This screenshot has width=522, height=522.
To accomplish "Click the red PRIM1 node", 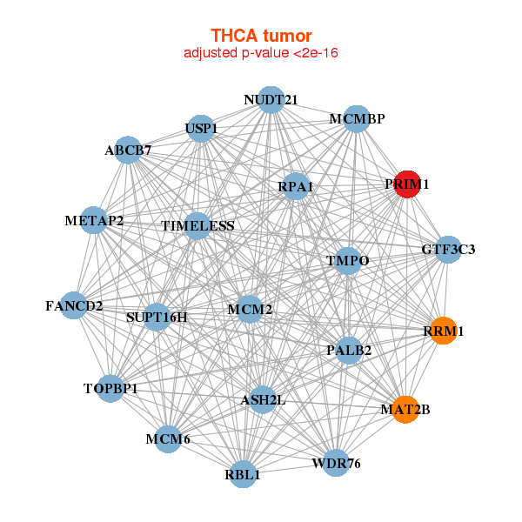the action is [x=407, y=184].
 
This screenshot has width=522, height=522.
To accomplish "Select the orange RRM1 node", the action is [x=443, y=331].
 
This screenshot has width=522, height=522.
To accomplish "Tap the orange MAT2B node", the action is [x=405, y=410].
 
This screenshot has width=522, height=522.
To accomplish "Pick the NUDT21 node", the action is [x=271, y=100].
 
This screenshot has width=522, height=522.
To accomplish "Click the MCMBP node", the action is [x=357, y=119].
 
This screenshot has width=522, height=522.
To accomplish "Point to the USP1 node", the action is [x=201, y=129].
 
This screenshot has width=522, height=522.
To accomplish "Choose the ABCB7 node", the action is [x=128, y=150].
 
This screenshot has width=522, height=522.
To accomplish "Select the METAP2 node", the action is [x=94, y=220].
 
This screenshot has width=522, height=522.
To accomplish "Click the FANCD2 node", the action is [x=74, y=305].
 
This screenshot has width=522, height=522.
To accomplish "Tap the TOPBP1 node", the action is [x=110, y=389].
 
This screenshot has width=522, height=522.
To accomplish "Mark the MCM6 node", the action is [x=168, y=439].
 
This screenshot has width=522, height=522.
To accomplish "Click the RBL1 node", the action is [x=243, y=474].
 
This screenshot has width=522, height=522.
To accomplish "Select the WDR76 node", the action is [x=336, y=463].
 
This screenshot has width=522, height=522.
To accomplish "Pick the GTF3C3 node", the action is [x=448, y=250].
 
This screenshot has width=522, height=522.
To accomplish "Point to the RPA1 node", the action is [x=296, y=186].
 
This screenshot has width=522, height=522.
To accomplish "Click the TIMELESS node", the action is [x=197, y=226].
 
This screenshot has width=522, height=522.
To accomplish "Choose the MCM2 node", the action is [x=250, y=309].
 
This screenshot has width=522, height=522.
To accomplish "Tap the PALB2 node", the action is [x=349, y=351].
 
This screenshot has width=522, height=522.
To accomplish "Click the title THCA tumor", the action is [x=261, y=36].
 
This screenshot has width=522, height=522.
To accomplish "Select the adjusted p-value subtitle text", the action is [x=261, y=53].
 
